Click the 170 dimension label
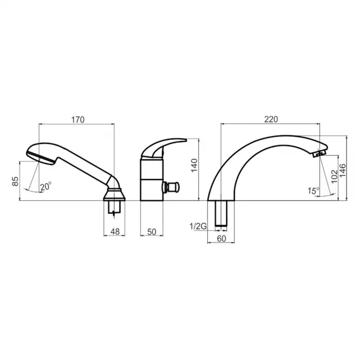coord(78,120)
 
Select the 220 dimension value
coord(271,120)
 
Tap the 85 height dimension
coord(15,181)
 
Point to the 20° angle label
coord(46,186)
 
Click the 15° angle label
coord(313,191)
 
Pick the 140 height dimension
coord(194,165)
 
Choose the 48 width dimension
coord(115,232)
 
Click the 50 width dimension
coord(152,232)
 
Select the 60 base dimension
coord(221,239)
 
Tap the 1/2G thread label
coord(198,226)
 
